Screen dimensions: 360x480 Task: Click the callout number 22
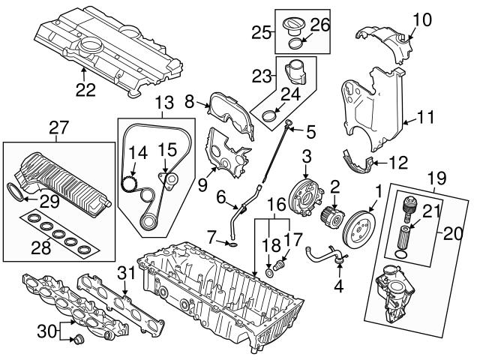point(85,91)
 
